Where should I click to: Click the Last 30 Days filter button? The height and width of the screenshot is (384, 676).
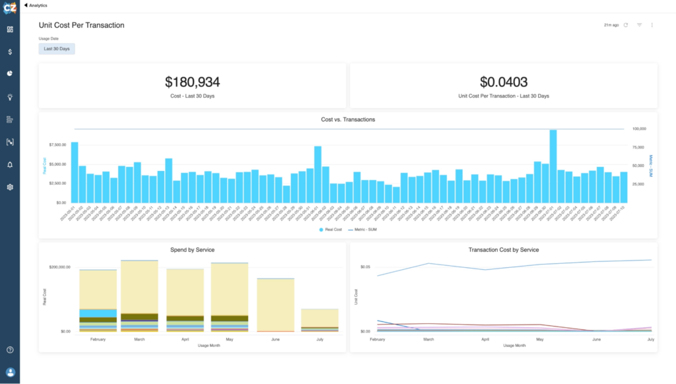(x=57, y=49)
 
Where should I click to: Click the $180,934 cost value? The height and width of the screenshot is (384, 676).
(x=192, y=82)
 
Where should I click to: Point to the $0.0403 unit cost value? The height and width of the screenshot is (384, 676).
(x=504, y=82)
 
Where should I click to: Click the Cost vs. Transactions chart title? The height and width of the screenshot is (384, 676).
(x=348, y=119)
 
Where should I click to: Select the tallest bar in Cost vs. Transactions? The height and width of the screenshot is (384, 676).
(x=553, y=166)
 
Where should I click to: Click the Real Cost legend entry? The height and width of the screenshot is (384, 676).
(x=331, y=229)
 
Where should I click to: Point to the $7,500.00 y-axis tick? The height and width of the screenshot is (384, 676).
(x=58, y=144)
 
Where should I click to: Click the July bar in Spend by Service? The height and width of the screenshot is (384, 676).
(x=320, y=320)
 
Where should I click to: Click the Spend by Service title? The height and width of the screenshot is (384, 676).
(x=192, y=250)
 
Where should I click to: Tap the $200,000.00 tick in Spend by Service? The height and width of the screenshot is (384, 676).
(x=65, y=267)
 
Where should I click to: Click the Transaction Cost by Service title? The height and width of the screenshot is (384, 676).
(x=504, y=250)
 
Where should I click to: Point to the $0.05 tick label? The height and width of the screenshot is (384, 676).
(x=366, y=267)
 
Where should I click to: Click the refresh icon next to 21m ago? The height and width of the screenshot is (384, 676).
(x=626, y=25)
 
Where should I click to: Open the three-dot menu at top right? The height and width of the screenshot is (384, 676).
(x=652, y=25)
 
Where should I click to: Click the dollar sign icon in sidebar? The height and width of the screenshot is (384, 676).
(x=10, y=51)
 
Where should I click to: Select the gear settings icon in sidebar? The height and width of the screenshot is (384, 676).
(x=10, y=187)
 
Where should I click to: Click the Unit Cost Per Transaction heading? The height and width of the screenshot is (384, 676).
(x=81, y=25)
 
